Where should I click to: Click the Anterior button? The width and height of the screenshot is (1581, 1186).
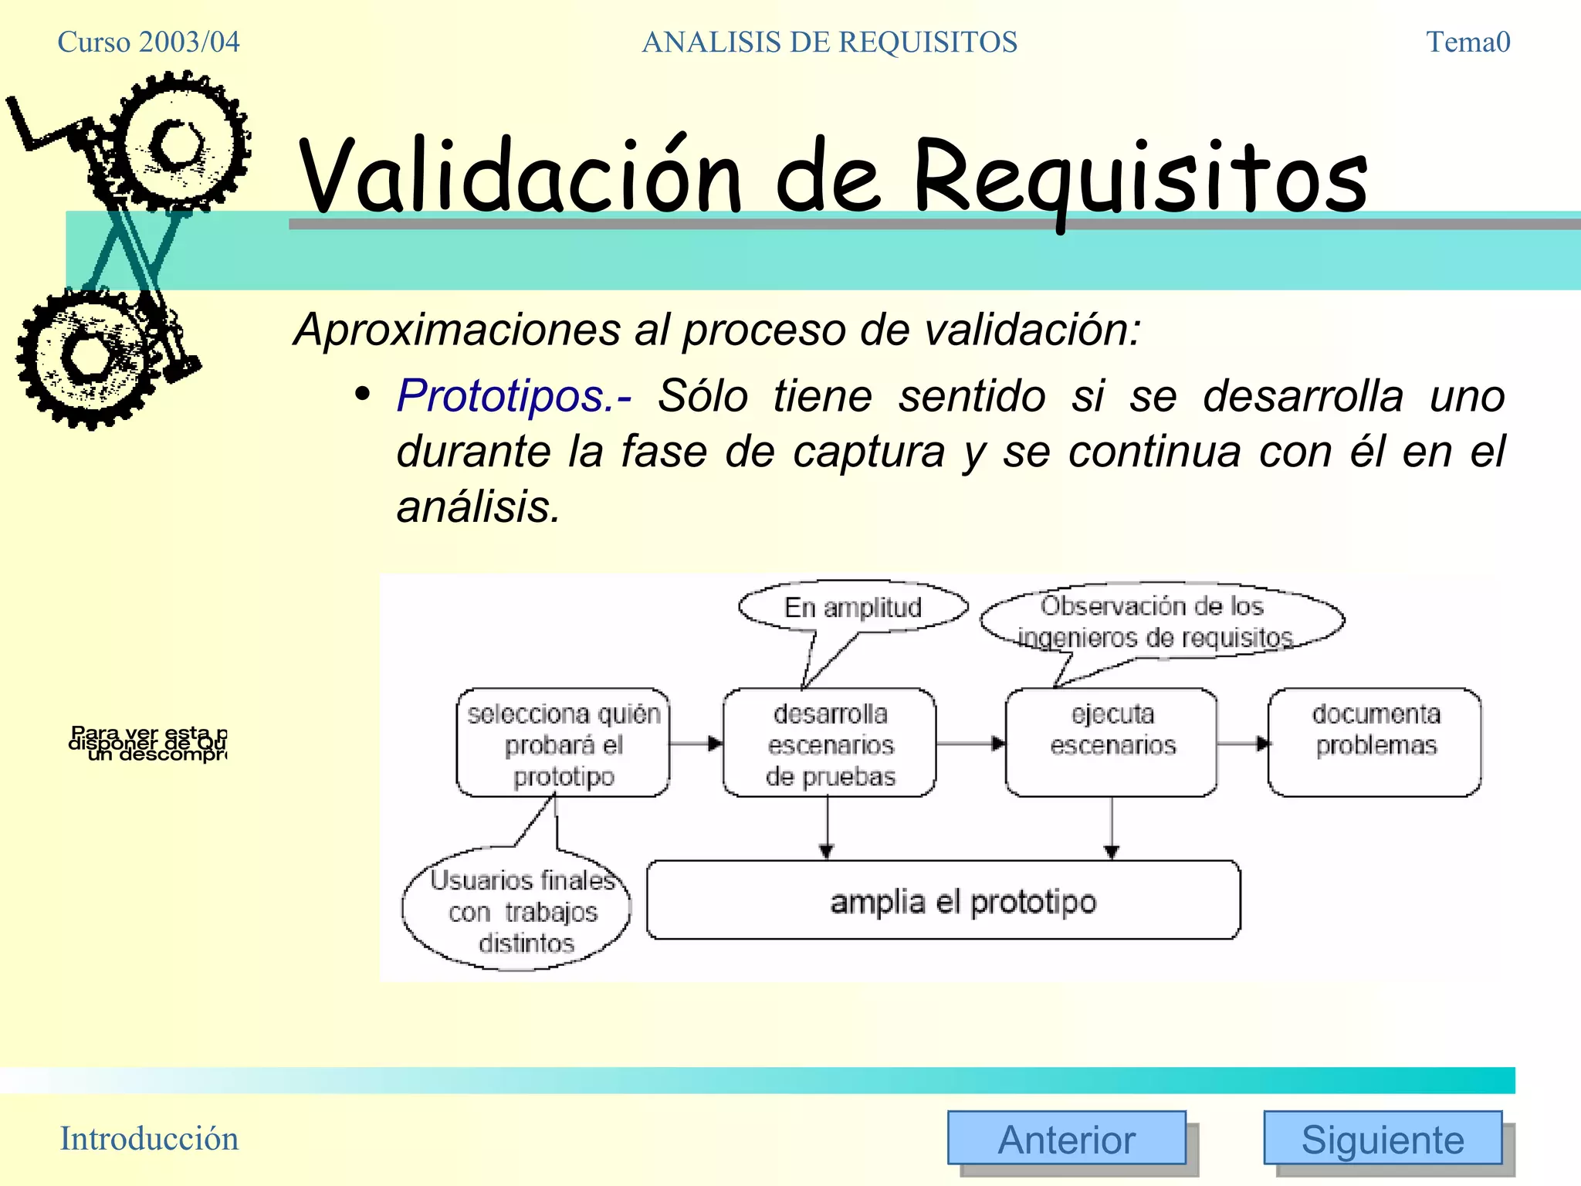coord(1066,1138)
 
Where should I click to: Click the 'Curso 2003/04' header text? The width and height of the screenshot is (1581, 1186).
coord(148,42)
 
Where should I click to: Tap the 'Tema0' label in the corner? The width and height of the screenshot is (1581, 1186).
coord(1468,42)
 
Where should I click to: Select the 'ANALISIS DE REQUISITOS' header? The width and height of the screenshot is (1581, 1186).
coord(829,42)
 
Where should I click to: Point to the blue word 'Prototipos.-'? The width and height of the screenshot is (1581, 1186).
coord(513,396)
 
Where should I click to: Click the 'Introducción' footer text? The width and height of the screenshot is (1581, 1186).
coord(149,1139)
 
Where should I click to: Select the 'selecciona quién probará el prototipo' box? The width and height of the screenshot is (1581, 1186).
coord(563,743)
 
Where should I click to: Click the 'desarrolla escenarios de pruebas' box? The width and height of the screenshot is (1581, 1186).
coord(829,743)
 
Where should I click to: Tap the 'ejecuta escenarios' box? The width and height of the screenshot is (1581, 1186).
coord(1112,743)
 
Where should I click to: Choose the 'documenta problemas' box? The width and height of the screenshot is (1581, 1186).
coord(1375,743)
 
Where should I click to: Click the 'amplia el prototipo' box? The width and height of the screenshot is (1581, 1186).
coord(943,900)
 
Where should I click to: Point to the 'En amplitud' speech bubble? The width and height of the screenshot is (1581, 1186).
coord(853,607)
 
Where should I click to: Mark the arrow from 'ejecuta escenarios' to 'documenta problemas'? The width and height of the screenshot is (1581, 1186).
coord(1242,744)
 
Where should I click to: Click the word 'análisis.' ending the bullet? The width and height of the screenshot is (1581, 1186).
coord(478,507)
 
